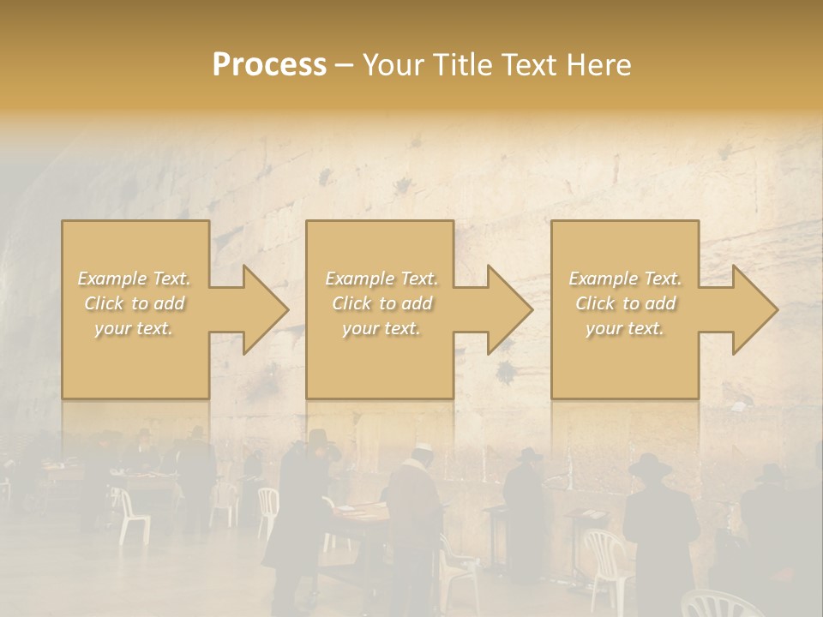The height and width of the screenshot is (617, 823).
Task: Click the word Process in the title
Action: pyautogui.click(x=269, y=64)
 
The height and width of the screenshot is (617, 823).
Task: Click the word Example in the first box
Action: pyautogui.click(x=111, y=279)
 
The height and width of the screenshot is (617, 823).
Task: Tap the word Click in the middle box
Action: pyautogui.click(x=351, y=303)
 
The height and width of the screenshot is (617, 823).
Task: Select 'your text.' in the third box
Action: pyautogui.click(x=624, y=328)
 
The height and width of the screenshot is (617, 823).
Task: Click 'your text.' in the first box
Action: pyautogui.click(x=134, y=328)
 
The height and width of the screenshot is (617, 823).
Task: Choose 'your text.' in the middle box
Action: pyautogui.click(x=381, y=328)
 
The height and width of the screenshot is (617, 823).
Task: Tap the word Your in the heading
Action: pyautogui.click(x=393, y=64)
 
